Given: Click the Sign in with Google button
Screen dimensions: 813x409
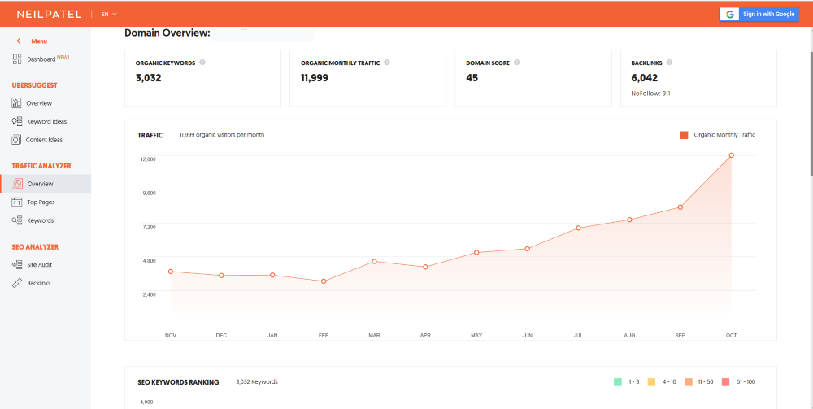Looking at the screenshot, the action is [759, 14].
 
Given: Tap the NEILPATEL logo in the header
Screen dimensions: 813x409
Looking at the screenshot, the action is [50, 14].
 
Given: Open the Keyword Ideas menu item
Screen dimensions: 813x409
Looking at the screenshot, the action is [39, 121].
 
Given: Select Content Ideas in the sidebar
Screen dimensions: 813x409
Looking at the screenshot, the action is [37, 140].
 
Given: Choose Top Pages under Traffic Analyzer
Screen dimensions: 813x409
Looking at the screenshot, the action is [33, 202].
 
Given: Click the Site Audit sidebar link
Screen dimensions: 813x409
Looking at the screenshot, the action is [33, 265].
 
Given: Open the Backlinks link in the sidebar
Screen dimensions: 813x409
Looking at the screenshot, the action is [32, 283].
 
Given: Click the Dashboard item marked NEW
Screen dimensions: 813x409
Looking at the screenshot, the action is [41, 59].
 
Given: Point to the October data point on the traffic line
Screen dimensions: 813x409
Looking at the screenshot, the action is [731, 155].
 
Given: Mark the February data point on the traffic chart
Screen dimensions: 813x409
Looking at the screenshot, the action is [324, 281].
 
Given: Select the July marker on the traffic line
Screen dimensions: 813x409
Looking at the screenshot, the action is [578, 228].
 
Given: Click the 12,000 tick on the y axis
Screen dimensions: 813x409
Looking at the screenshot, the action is [148, 159].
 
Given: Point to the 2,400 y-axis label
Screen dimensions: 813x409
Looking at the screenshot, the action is [148, 294].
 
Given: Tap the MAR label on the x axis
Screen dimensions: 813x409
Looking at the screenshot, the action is [374, 335].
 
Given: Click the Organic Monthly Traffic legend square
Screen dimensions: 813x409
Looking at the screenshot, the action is [685, 135].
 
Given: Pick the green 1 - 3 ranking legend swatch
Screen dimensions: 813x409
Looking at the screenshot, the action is [618, 382].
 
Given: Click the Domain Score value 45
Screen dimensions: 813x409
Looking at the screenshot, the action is [472, 78].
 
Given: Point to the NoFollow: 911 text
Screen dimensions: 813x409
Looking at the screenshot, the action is [650, 94].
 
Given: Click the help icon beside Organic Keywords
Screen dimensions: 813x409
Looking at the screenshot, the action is [202, 63].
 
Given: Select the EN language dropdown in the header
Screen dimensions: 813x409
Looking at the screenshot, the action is [110, 15].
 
